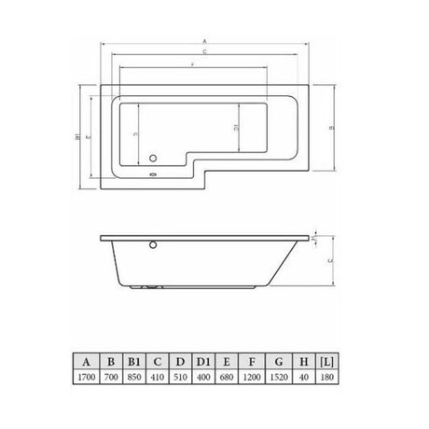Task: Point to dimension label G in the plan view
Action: tap(203, 54)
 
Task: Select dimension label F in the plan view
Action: tap(191, 65)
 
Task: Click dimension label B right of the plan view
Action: tap(332, 129)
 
